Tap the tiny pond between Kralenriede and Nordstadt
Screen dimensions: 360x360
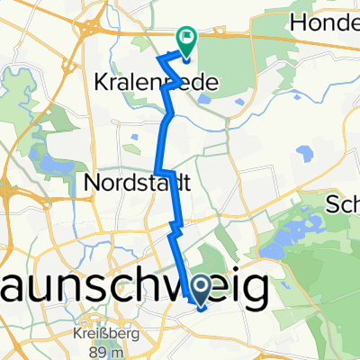tap(133, 138)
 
